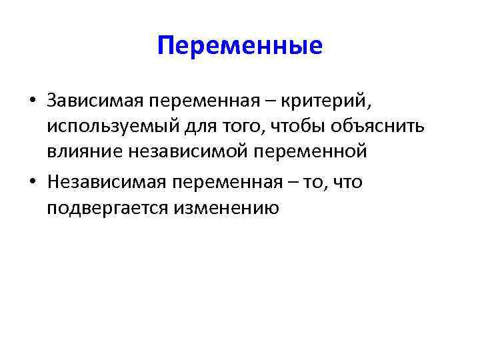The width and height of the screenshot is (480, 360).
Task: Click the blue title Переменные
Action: tap(240, 45)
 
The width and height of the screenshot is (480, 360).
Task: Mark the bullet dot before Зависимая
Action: tap(33, 101)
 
